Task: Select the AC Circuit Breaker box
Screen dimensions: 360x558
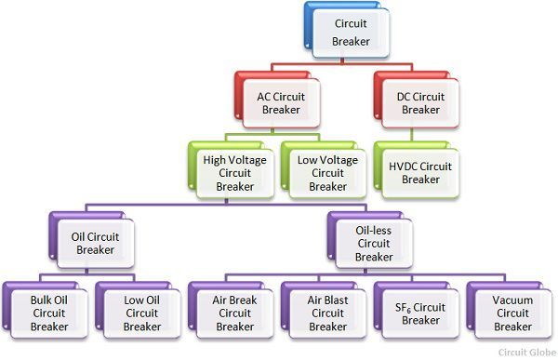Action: (x=281, y=101)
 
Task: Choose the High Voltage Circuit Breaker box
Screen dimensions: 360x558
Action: (x=234, y=172)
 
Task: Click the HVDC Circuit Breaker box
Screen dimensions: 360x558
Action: (x=420, y=172)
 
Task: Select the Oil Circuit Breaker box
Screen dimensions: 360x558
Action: (x=95, y=243)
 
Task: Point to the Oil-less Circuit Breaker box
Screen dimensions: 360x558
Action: (x=374, y=243)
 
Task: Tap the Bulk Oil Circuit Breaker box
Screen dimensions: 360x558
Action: (x=48, y=313)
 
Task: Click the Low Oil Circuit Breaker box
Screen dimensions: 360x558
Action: (x=141, y=313)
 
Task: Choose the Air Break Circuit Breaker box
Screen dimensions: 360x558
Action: (x=234, y=313)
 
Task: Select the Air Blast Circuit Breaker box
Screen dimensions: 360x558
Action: (x=327, y=313)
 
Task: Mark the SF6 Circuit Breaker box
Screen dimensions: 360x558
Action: (x=420, y=313)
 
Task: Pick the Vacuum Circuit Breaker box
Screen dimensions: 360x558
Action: (x=513, y=313)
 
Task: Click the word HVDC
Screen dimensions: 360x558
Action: (x=400, y=166)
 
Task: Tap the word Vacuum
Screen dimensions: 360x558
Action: (x=513, y=300)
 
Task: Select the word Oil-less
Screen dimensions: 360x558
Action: (x=374, y=230)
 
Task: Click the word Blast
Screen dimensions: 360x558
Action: (x=339, y=300)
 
